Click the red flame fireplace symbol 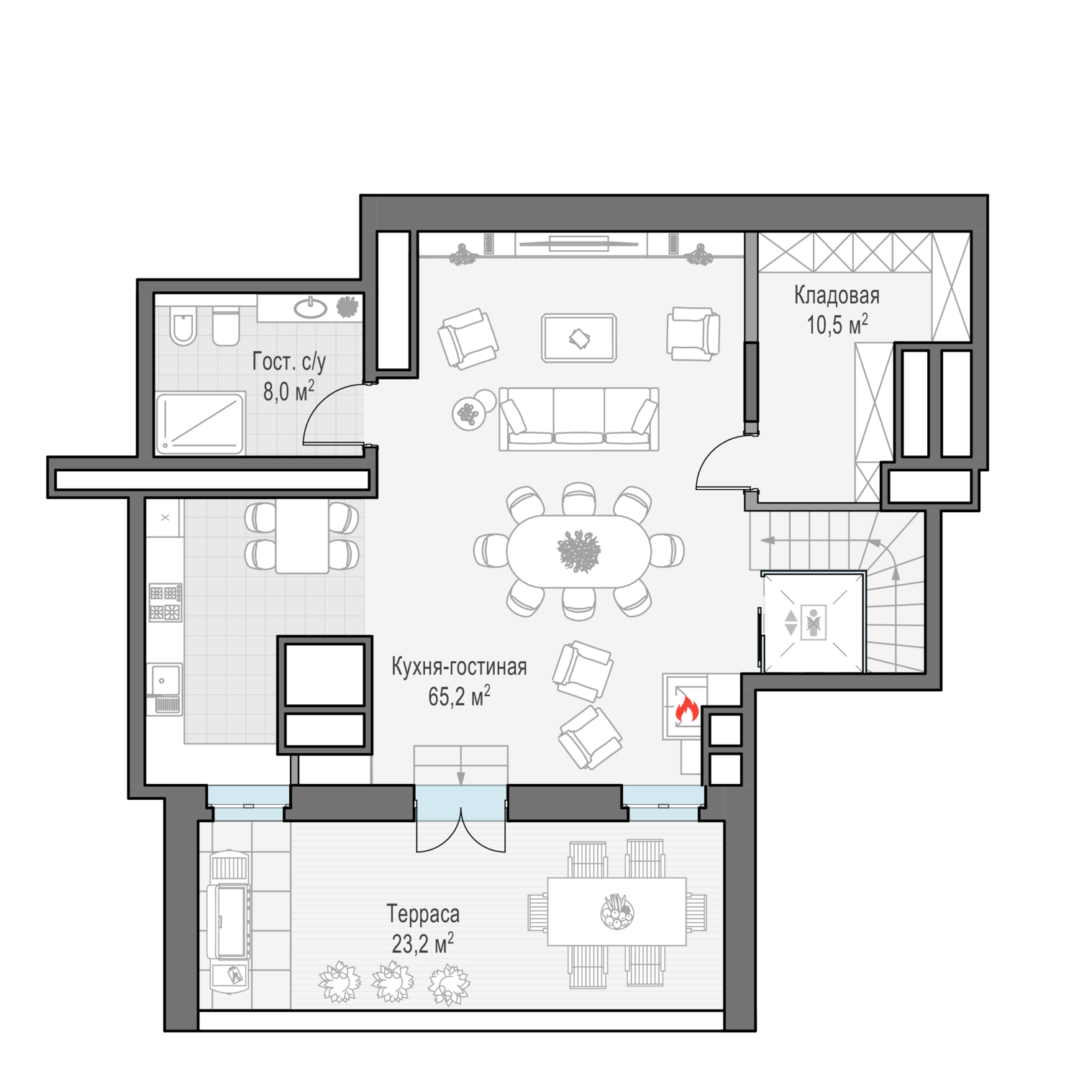686,709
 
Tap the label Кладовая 837,295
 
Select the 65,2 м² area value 459,696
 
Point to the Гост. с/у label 289,362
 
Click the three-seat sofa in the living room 579,419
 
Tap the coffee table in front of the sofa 579,337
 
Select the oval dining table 579,552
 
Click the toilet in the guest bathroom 183,326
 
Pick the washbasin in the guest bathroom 311,309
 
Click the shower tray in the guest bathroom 200,424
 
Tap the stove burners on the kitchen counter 165,602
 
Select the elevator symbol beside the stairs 814,622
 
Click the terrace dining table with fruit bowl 617,911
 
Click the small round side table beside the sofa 468,414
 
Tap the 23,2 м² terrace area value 423,943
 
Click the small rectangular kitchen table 302,536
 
